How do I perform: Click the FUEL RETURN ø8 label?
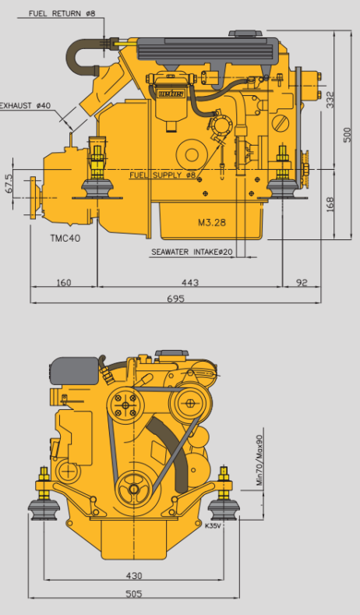[62, 13]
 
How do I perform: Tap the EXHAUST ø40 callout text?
[25, 105]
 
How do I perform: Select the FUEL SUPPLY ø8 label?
[163, 175]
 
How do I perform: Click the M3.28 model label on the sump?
[212, 222]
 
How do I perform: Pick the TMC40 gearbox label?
[65, 238]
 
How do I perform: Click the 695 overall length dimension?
[175, 299]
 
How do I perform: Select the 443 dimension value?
[190, 282]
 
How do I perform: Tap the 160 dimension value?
[64, 282]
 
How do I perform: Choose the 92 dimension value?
[302, 282]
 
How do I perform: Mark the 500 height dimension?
[348, 135]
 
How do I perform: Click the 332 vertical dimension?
[330, 100]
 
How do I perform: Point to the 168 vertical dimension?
[330, 204]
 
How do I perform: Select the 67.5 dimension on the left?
[9, 183]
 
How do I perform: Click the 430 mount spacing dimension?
[134, 576]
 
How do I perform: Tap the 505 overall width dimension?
[134, 594]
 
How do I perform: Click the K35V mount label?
[213, 525]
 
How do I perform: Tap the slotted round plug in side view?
[281, 123]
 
